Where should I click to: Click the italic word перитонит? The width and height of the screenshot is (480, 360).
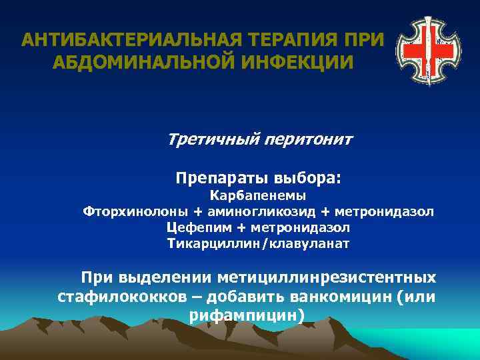[x=309, y=141]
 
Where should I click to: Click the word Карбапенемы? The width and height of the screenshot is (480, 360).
[x=258, y=196]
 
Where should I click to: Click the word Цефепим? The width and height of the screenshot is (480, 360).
[x=193, y=228]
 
